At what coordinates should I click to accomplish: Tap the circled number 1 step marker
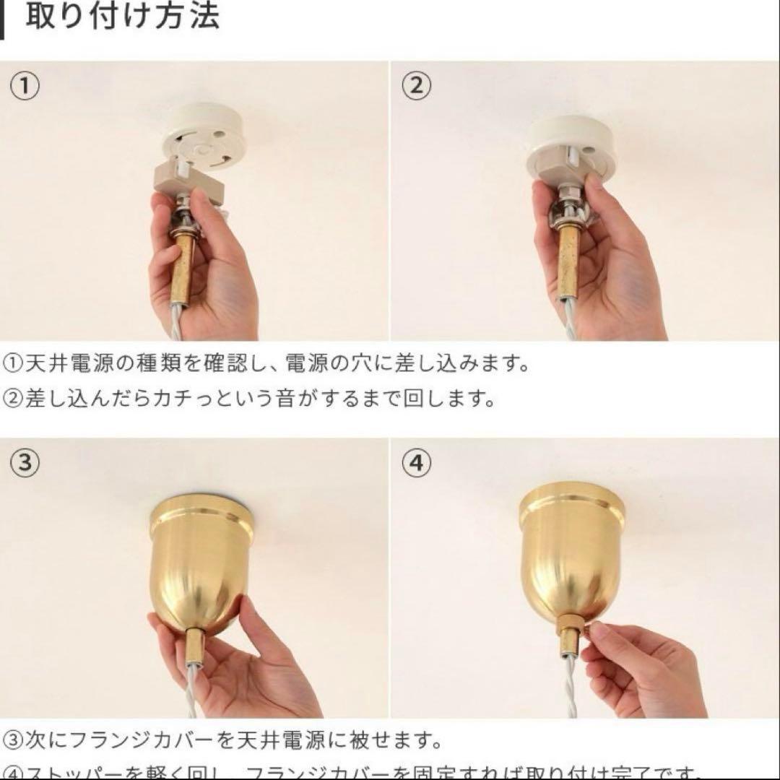(x=25, y=87)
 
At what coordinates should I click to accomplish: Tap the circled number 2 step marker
(x=416, y=87)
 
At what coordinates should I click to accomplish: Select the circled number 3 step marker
(x=25, y=463)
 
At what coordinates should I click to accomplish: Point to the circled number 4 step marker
(x=416, y=463)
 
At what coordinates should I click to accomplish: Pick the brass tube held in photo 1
(x=183, y=260)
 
